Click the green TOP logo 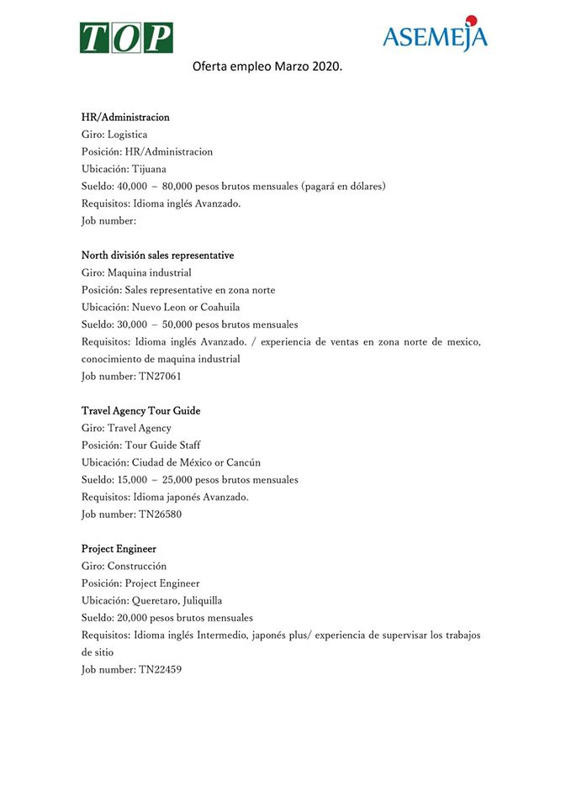pos(126,37)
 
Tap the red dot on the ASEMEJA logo pos(471,20)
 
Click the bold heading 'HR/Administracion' pos(125,117)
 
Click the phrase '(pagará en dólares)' pos(344,186)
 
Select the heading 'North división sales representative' pos(157,255)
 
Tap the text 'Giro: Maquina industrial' pos(136,272)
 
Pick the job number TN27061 pos(160,376)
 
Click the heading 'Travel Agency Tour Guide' pos(140,411)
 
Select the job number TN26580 pos(160,514)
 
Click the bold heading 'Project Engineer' pos(119,549)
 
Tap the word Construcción pos(137,566)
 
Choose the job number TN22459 pos(160,669)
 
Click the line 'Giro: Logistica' pos(114,134)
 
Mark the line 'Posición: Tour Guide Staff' pos(140,446)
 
